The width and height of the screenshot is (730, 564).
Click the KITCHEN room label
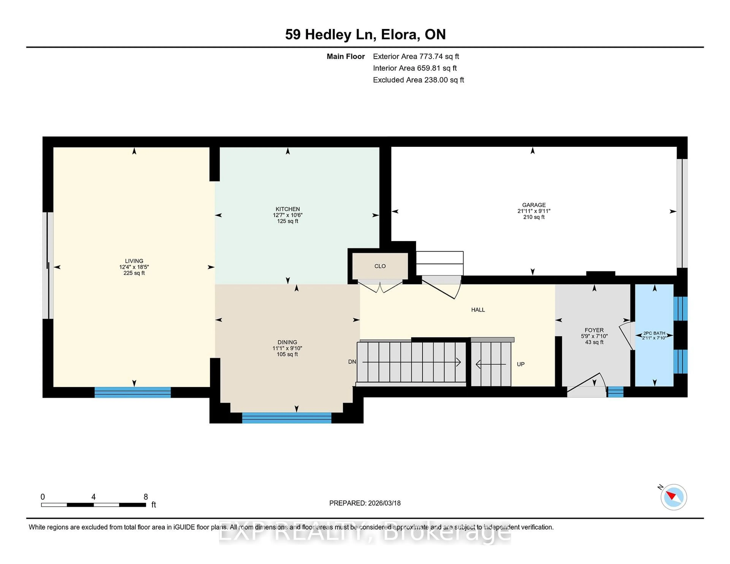click(287, 209)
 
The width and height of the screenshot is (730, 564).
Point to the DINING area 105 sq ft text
click(287, 354)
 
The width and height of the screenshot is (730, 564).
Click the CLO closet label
click(380, 266)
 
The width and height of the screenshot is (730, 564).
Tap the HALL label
click(478, 310)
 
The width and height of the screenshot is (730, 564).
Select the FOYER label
click(594, 330)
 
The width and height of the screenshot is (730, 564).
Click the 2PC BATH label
click(654, 333)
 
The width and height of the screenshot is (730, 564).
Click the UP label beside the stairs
click(521, 364)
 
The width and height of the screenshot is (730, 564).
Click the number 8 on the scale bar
click(146, 497)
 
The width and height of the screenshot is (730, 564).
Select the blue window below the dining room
click(286, 418)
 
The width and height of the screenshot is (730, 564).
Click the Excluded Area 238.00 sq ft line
click(418, 80)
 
